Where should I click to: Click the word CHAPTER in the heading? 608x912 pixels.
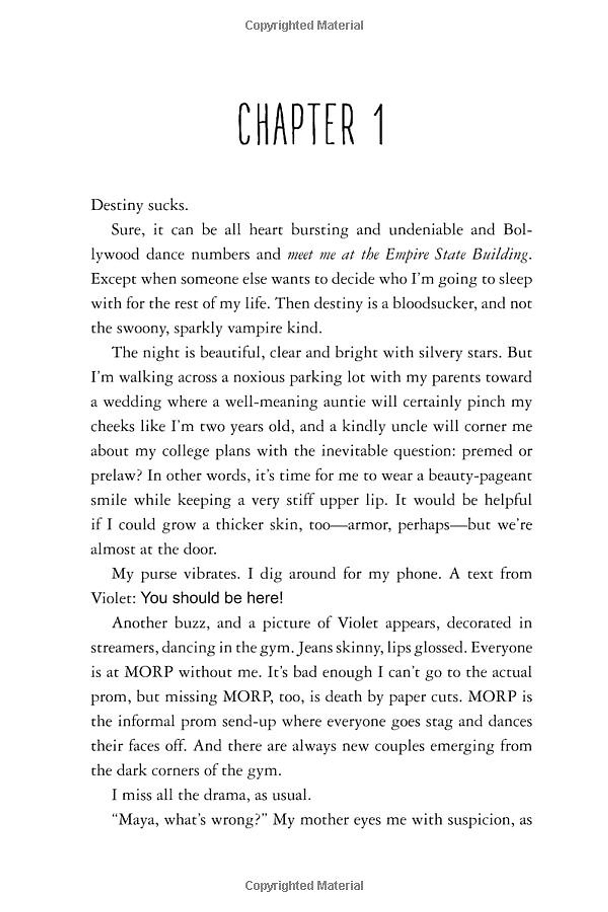pyautogui.click(x=296, y=124)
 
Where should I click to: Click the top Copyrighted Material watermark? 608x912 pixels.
pyautogui.click(x=304, y=25)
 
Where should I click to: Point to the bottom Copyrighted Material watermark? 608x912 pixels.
pyautogui.click(x=304, y=886)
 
